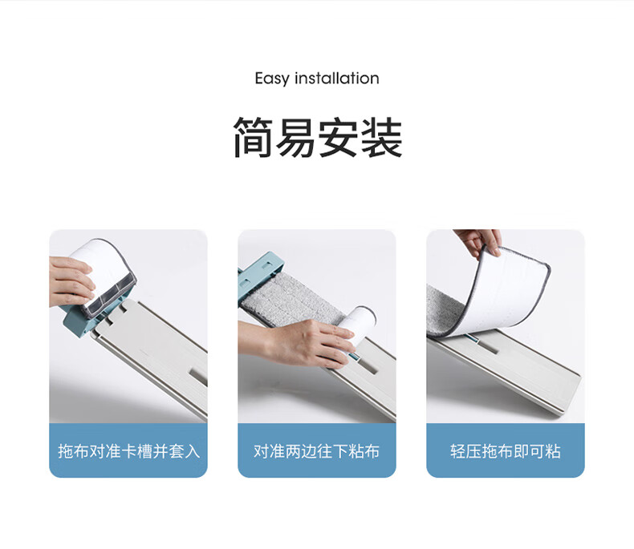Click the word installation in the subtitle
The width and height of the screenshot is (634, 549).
(x=337, y=78)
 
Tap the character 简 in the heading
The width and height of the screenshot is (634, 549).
(x=254, y=137)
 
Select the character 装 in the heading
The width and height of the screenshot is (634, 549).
(x=381, y=137)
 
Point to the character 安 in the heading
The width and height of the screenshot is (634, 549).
(x=339, y=137)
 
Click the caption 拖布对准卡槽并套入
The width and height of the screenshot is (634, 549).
(x=129, y=451)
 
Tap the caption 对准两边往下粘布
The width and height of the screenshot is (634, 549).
(x=316, y=451)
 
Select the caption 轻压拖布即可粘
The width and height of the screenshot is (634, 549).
(x=506, y=451)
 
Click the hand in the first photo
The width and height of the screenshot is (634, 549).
(x=70, y=281)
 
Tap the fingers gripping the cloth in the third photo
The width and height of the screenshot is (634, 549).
(x=479, y=241)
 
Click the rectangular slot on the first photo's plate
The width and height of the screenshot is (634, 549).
(x=199, y=376)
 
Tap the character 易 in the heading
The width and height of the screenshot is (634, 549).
(x=296, y=137)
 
